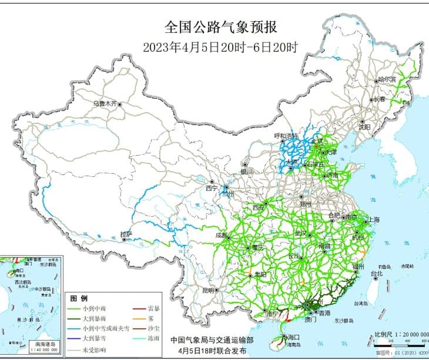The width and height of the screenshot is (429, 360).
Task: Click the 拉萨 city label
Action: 126,234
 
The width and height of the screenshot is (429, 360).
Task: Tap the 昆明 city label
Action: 208,290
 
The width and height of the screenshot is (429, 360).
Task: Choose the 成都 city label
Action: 222,235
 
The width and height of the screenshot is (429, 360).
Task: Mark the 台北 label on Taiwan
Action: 376,273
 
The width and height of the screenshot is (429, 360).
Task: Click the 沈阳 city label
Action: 364,126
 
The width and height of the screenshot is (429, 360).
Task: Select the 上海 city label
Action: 373,220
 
